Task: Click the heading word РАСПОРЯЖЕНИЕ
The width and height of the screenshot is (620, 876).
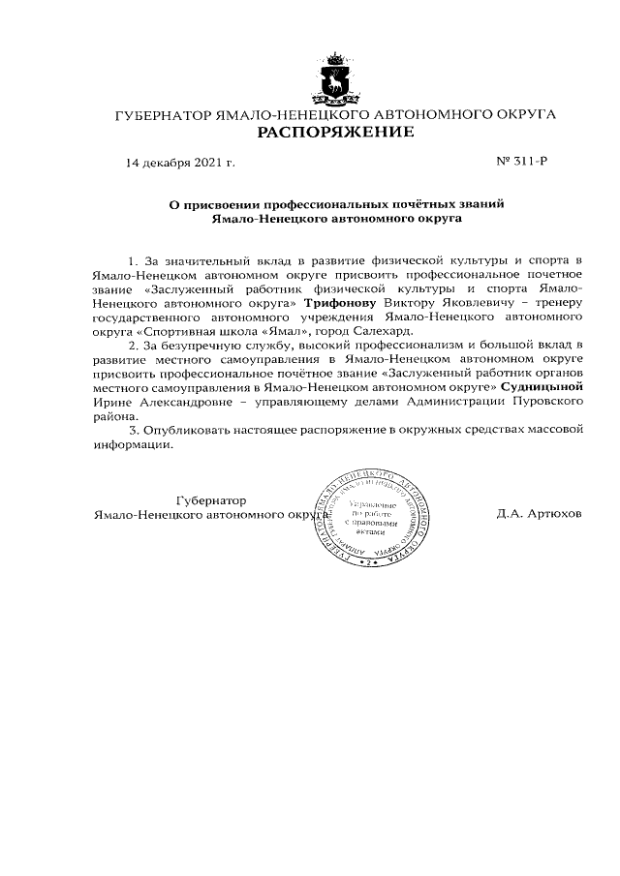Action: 334,132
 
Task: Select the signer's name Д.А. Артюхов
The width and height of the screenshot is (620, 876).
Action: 540,514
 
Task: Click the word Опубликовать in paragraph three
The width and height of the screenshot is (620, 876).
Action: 184,428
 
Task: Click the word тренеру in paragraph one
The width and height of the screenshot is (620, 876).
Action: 556,303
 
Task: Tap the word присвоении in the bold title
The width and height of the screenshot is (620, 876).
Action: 225,204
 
